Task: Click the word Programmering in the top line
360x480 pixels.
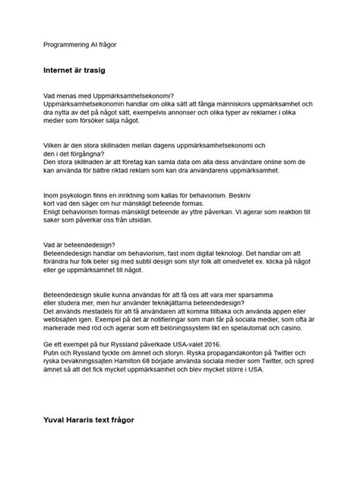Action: (x=66, y=45)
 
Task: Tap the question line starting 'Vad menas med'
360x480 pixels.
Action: (x=109, y=95)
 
